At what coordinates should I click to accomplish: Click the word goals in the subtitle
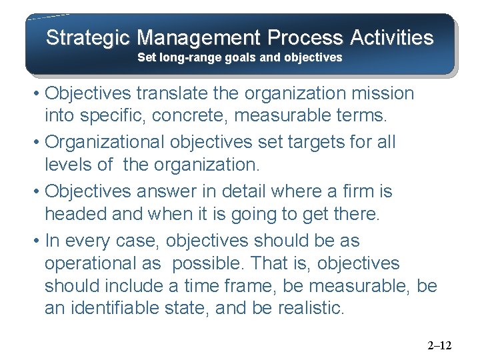pos(237,57)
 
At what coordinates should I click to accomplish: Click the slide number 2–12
pos(439,345)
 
